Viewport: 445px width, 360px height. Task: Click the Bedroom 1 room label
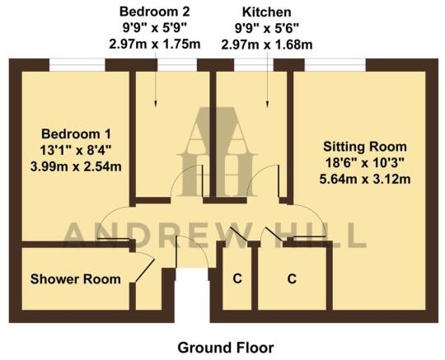pyautogui.click(x=76, y=133)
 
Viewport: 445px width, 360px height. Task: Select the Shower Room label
pyautogui.click(x=75, y=279)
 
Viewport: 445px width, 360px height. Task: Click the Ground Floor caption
pyautogui.click(x=225, y=347)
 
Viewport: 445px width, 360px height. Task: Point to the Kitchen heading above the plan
pyautogui.click(x=266, y=12)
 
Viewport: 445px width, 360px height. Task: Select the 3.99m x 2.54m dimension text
pyautogui.click(x=76, y=166)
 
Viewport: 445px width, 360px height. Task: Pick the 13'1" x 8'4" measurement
pyautogui.click(x=76, y=150)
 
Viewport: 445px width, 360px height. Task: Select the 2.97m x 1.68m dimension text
pyautogui.click(x=266, y=44)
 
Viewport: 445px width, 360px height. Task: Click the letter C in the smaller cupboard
pyautogui.click(x=237, y=279)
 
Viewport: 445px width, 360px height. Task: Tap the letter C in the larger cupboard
pyautogui.click(x=292, y=279)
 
